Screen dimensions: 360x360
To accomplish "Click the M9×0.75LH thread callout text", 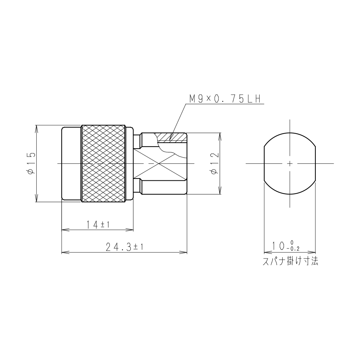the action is click(225, 99).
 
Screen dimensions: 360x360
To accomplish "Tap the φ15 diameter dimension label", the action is click(31, 163).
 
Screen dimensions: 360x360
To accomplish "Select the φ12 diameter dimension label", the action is click(215, 163).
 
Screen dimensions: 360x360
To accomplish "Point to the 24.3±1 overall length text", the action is click(125, 247).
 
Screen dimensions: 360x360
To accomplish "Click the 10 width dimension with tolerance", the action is click(285, 246).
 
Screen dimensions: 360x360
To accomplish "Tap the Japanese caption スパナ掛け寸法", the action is click(290, 261).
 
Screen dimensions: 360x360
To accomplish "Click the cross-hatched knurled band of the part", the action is click(103, 163).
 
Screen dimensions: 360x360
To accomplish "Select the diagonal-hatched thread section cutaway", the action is click(170, 137).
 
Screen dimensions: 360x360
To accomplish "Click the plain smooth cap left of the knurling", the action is click(71, 163).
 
